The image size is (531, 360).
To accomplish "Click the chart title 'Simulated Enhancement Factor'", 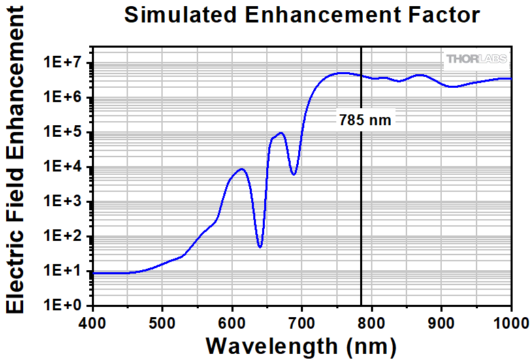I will [302, 15].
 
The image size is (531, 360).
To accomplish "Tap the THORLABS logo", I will [477, 59].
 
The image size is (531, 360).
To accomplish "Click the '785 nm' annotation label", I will [366, 120].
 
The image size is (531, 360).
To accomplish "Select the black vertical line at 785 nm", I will [361, 204].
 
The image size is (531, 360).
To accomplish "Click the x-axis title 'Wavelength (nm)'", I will [301, 345].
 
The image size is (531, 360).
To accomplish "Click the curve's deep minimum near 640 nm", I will [260, 247].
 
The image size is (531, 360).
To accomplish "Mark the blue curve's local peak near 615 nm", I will [242, 169].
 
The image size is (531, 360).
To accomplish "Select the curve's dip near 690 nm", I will [293, 174].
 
